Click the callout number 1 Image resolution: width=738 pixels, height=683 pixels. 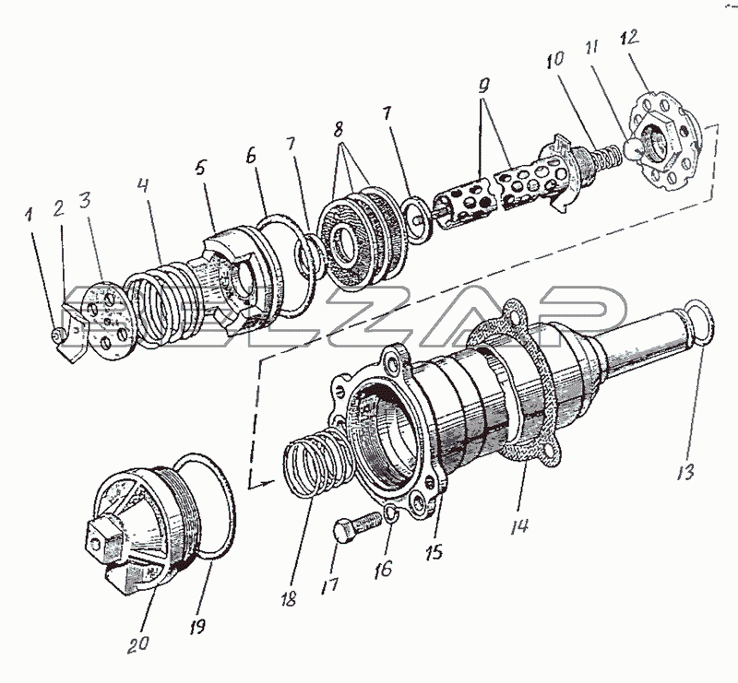click(30, 216)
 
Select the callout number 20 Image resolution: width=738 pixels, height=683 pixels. click(137, 643)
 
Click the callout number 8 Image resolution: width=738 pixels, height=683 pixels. click(338, 130)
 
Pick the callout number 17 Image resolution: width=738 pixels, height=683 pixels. click(329, 586)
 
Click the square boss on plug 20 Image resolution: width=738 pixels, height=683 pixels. click(102, 538)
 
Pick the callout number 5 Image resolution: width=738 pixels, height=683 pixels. click(201, 168)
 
